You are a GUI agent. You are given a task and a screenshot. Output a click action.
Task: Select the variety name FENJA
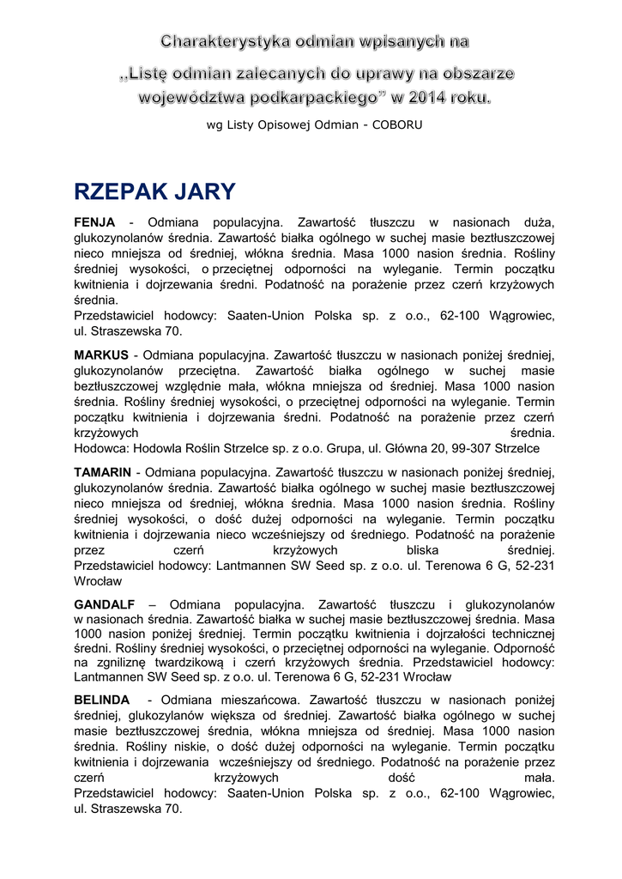click(94, 223)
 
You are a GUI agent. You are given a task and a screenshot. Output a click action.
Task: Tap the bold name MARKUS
click(101, 355)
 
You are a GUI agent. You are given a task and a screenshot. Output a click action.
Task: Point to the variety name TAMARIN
click(103, 472)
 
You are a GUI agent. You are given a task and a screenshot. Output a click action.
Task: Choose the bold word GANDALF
click(105, 604)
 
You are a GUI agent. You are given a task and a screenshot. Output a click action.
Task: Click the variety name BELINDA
click(104, 700)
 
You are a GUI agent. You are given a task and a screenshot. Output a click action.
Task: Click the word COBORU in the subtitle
click(397, 124)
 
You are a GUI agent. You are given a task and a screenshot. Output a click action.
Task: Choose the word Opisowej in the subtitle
click(286, 124)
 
